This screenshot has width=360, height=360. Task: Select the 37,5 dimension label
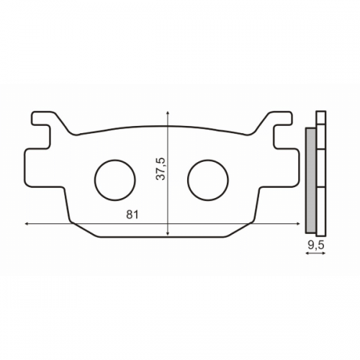(161, 168)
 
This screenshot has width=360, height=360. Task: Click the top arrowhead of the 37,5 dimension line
(167, 113)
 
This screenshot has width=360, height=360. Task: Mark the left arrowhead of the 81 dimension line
(27, 224)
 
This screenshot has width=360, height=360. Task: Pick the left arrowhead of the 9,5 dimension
(307, 254)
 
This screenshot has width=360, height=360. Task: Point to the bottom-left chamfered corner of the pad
(84, 230)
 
